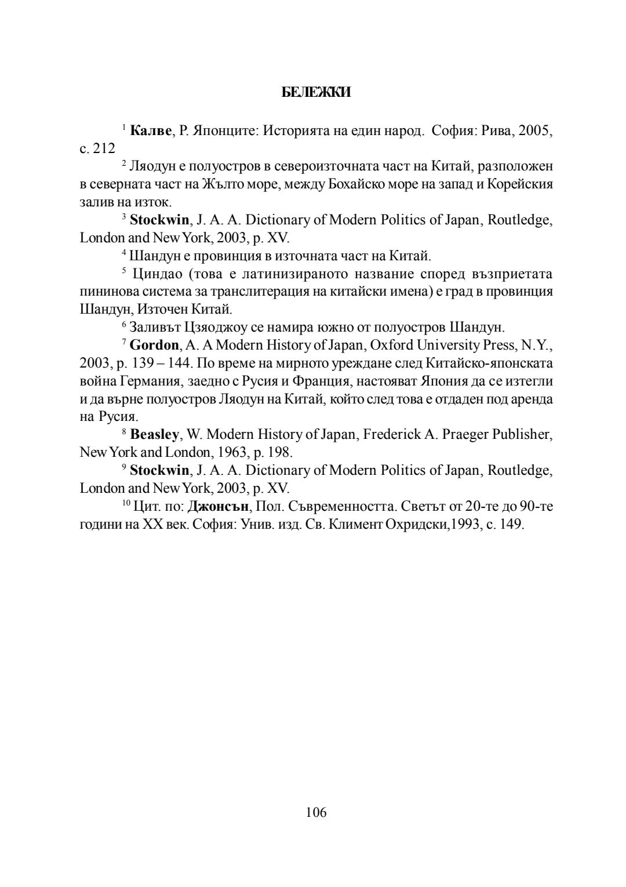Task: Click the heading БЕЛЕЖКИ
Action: tap(316, 93)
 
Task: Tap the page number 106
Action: tap(316, 812)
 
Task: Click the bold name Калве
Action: tap(151, 130)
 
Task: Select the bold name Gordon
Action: tap(154, 346)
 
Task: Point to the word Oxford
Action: tap(390, 346)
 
